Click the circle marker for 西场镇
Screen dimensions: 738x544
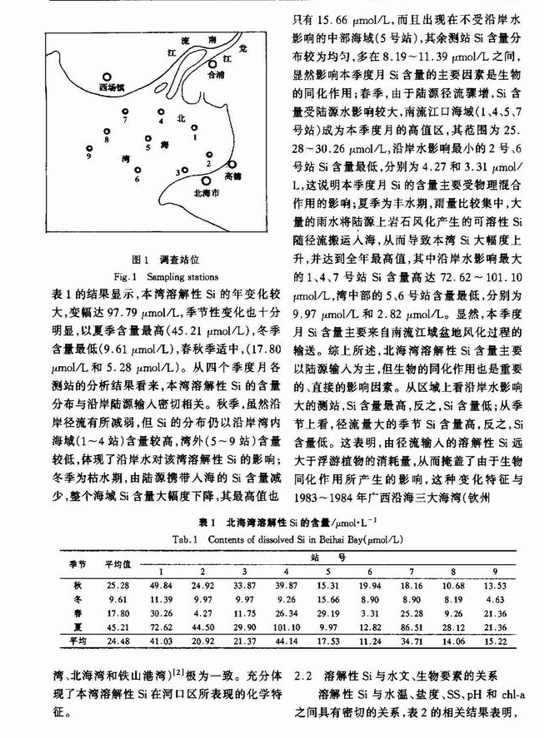(107, 75)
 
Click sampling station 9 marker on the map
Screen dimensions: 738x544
(88, 146)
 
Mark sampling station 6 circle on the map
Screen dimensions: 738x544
(137, 170)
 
